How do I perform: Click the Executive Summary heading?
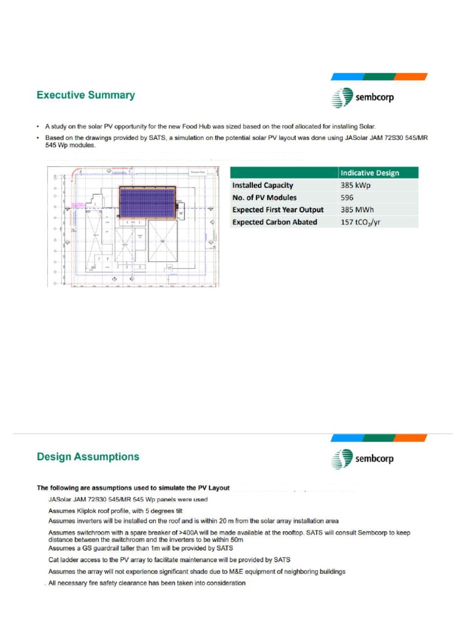[x=86, y=95]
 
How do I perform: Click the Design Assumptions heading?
[x=88, y=457]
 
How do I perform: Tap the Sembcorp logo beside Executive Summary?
[x=363, y=97]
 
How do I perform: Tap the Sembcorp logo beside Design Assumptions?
[x=363, y=458]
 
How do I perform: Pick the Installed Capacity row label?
[x=263, y=185]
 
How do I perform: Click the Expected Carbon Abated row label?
[x=274, y=222]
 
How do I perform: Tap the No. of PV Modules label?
[x=265, y=197]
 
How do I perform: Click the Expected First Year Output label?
[x=278, y=210]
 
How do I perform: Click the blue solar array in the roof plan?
[x=146, y=202]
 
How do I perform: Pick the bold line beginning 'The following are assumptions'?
[x=133, y=488]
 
